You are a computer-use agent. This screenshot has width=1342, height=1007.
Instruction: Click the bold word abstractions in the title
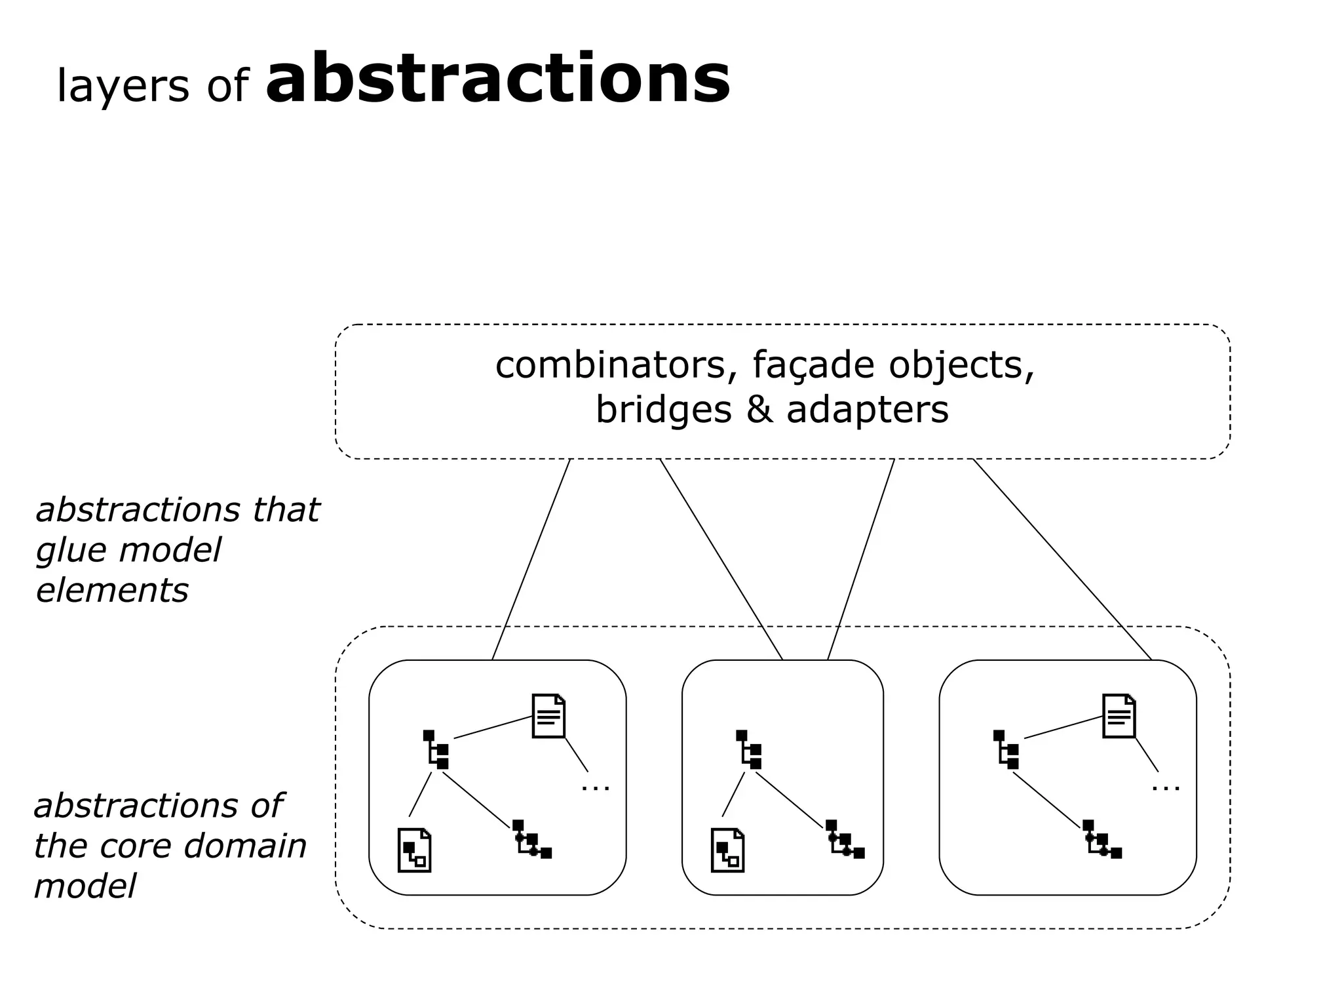pos(498,80)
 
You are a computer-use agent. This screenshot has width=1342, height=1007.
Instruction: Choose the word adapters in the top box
pos(868,410)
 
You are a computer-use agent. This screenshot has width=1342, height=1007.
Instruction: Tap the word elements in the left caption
pos(112,590)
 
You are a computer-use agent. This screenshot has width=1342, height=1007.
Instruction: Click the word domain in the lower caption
pos(244,846)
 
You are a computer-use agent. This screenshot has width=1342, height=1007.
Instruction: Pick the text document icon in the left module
pos(548,716)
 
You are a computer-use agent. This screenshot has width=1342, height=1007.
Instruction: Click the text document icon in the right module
pos(1119,716)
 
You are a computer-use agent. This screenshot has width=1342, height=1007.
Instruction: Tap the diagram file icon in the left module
pos(414,850)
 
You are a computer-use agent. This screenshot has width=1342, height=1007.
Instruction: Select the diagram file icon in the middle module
pos(727,850)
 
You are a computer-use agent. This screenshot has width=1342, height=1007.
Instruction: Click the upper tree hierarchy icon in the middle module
pos(748,749)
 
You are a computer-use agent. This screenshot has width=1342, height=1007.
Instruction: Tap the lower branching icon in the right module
pos(1102,840)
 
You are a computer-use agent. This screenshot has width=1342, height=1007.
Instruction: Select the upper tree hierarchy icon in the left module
pos(436,749)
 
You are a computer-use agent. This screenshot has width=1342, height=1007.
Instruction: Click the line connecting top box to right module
pos(1062,559)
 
